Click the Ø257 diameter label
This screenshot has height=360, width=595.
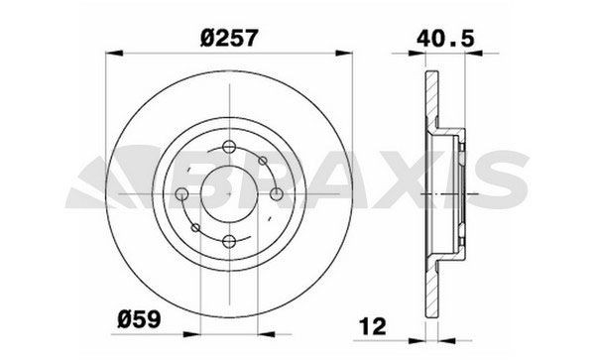[229, 38]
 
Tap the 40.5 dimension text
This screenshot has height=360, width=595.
[445, 38]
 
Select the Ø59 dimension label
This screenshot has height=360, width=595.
[139, 319]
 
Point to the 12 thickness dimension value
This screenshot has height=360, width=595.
[373, 326]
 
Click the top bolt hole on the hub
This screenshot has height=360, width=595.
[229, 147]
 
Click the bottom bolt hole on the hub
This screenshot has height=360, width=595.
[229, 241]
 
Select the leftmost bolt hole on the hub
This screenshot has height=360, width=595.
[181, 193]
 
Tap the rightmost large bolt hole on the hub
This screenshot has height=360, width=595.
[277, 193]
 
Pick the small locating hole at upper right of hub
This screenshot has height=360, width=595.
[263, 161]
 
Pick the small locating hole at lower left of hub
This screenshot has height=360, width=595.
[195, 228]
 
